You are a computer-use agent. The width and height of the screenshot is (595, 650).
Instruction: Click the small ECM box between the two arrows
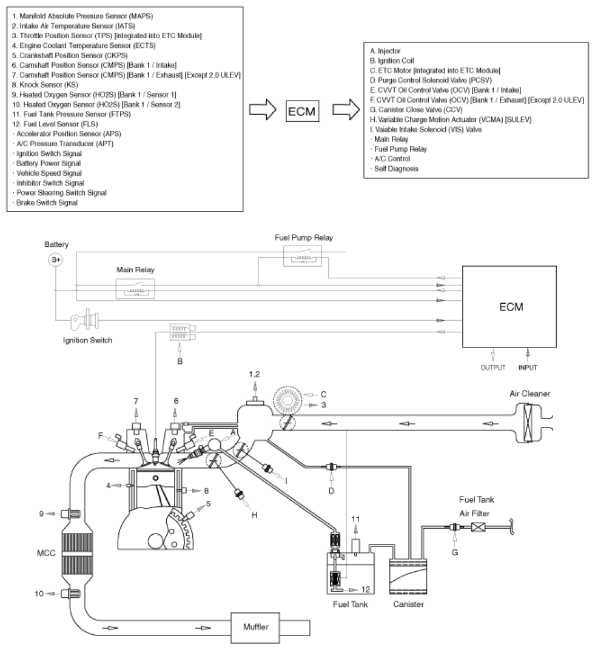[x=302, y=111]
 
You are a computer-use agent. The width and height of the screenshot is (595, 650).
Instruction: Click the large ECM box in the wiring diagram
[x=509, y=307]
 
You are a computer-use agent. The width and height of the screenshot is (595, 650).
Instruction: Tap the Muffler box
[x=255, y=627]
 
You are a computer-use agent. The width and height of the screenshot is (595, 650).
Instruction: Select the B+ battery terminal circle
[x=56, y=260]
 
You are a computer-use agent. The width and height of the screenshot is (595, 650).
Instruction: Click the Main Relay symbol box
[x=135, y=289]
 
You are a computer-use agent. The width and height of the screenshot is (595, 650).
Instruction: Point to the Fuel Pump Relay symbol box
[x=302, y=256]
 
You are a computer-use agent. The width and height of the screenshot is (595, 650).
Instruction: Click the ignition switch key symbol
[x=85, y=320]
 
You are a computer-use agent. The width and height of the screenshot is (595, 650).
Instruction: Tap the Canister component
[x=408, y=576]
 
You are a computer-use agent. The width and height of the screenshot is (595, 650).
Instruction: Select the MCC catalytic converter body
[x=76, y=554]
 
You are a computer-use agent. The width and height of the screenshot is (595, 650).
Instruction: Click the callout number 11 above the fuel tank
[x=355, y=519]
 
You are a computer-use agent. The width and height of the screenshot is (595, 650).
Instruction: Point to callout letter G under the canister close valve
[x=455, y=552]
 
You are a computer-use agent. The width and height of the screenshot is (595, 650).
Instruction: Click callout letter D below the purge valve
[x=331, y=491]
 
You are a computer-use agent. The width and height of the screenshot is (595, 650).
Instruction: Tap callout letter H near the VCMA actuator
[x=254, y=515]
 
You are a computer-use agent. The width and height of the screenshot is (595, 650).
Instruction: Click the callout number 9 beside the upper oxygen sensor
[x=41, y=514]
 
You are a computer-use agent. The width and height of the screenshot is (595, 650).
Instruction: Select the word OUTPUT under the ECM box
[x=493, y=367]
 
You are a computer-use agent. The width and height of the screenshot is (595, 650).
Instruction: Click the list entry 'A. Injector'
[x=385, y=51]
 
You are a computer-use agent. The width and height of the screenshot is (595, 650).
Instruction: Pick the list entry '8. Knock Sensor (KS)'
[x=45, y=84]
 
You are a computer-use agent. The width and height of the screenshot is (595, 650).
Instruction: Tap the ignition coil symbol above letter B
[x=183, y=332]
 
